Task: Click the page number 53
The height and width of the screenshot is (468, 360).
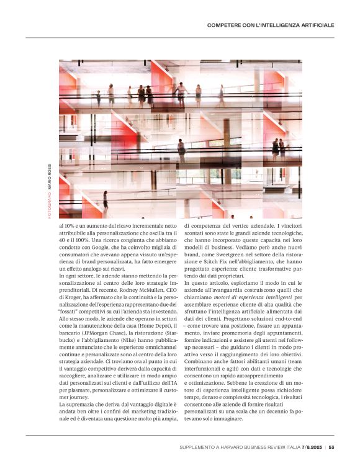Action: [332, 446]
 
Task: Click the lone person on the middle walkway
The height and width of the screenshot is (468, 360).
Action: [182, 150]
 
